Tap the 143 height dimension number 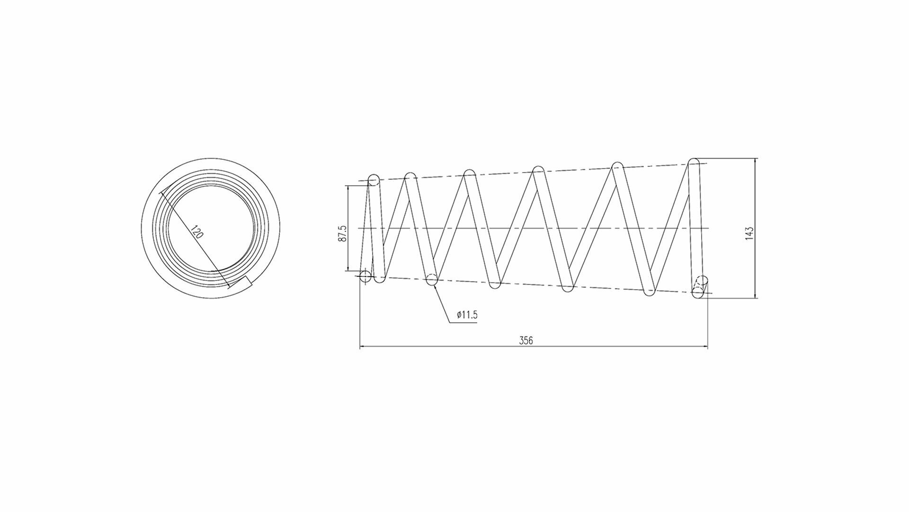click(749, 233)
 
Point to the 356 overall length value click(526, 340)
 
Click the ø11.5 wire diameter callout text click(467, 315)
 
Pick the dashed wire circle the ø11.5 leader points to click(431, 279)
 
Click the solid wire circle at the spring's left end click(365, 276)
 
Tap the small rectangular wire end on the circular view click(244, 283)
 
